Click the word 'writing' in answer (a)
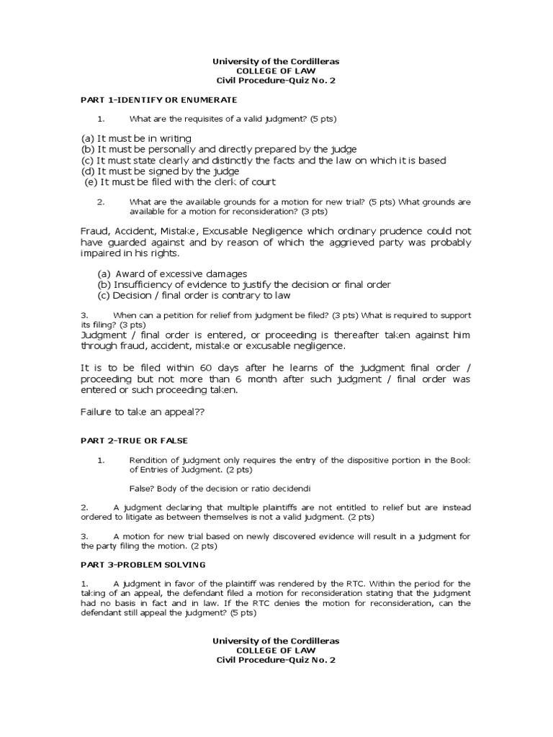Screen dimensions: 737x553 pyautogui.click(x=171, y=138)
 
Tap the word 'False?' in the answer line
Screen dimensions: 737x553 pyautogui.click(x=141, y=487)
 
